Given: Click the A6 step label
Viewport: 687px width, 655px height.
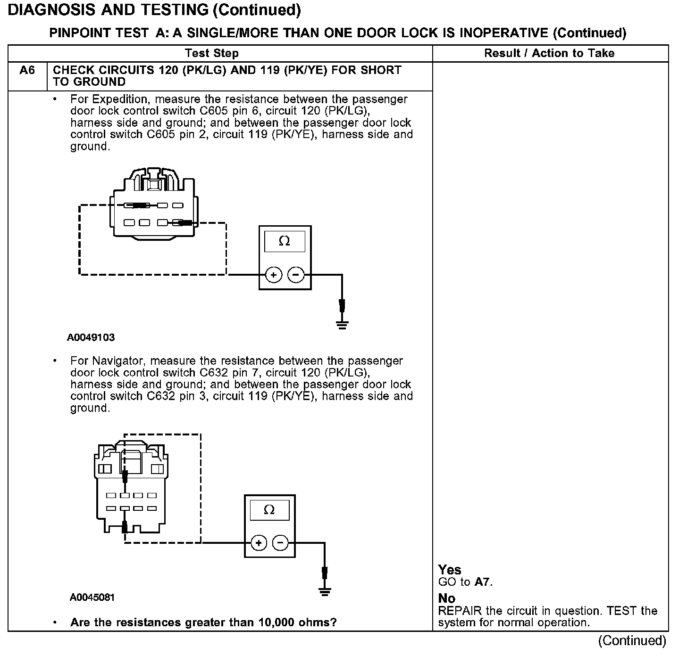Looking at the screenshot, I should [27, 70].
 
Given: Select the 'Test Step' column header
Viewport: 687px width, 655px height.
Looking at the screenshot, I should [212, 53].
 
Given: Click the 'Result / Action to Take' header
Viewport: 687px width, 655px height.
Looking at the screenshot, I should [549, 53].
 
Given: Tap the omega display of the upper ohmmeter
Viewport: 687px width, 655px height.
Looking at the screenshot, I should [285, 241].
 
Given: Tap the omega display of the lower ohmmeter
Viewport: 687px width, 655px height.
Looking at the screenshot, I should [269, 510].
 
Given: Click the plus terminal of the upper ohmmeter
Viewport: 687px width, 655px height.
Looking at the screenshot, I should [273, 275].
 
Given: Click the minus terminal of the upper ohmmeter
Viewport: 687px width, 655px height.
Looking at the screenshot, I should [296, 275].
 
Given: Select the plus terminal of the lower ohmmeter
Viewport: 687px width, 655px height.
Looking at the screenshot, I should [258, 543].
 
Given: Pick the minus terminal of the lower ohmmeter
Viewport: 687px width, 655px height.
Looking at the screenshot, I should [280, 543].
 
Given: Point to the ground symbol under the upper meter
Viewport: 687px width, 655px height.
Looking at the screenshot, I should [342, 324].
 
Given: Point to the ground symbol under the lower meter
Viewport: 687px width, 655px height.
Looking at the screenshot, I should [324, 591].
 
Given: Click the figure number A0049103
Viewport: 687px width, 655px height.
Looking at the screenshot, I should [91, 337].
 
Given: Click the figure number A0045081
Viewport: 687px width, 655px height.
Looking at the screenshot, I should [92, 598].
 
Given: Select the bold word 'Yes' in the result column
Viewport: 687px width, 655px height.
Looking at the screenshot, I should [450, 570].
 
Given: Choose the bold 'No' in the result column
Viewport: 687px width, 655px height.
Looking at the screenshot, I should [446, 598].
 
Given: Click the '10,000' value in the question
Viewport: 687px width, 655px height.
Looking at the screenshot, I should [276, 622].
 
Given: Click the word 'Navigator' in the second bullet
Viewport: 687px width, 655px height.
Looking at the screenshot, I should [118, 361].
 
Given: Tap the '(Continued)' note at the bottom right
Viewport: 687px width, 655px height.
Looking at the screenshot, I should [632, 641].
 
